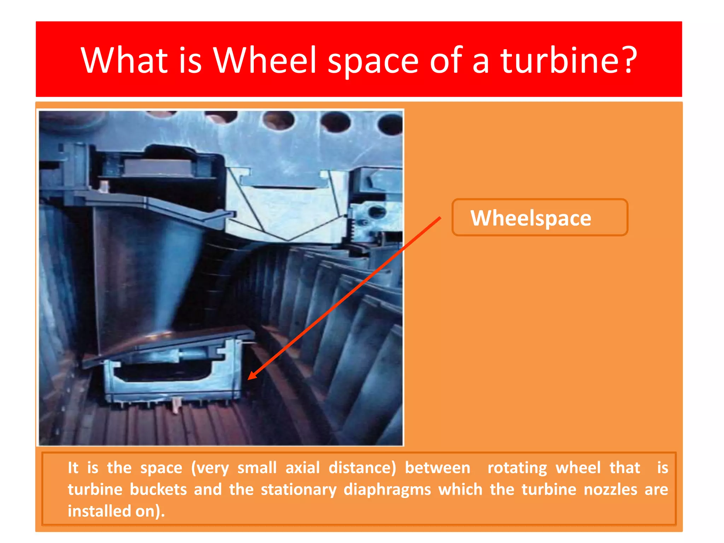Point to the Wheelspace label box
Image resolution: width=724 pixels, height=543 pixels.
coord(539,217)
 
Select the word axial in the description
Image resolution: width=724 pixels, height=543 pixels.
coord(303,468)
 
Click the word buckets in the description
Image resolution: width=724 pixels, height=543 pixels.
coord(158,490)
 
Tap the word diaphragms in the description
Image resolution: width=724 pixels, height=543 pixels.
coord(387,490)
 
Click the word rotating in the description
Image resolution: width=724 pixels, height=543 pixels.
coord(517,468)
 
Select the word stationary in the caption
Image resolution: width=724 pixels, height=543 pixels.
coord(298,490)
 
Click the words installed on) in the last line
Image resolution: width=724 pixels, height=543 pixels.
coord(116,511)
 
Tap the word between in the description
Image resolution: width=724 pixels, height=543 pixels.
coord(437,468)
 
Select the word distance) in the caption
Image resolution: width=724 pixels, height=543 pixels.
coord(362,468)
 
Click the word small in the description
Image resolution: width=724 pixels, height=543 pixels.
coord(257,468)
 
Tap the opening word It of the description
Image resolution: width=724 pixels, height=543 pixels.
coord(73,468)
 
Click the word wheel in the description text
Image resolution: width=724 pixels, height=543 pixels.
coord(578,468)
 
